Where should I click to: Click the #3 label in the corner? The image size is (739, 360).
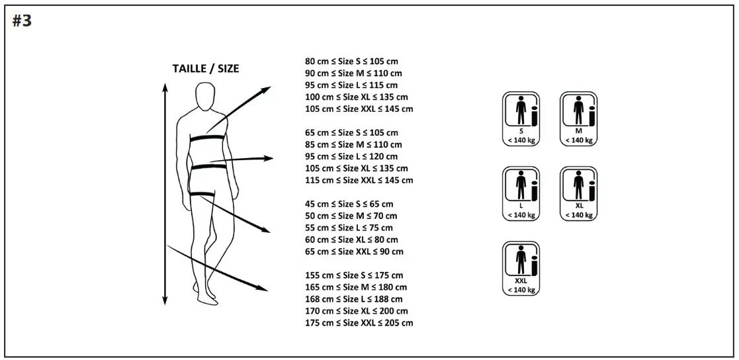point(22,21)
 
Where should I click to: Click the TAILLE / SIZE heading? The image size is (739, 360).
point(206,68)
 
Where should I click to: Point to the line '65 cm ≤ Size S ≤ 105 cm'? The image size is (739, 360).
point(351,132)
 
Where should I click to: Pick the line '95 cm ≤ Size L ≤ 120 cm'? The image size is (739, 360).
point(351,156)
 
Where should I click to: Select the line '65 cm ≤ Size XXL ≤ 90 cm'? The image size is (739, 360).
point(354,251)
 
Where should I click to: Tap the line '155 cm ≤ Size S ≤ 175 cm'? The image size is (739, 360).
point(354,275)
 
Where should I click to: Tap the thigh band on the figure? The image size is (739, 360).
point(202,193)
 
